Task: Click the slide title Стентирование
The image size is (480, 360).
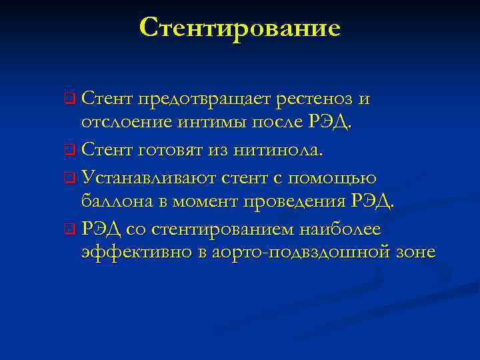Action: coord(240,28)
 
